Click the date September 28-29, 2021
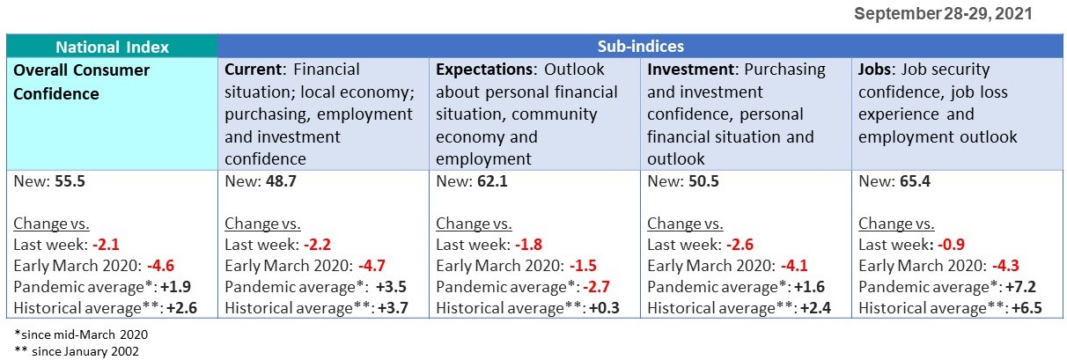[943, 14]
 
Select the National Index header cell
[112, 47]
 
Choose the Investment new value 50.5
[702, 181]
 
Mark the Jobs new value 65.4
[913, 181]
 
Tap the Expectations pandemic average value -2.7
[600, 287]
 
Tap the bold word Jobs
[875, 70]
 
